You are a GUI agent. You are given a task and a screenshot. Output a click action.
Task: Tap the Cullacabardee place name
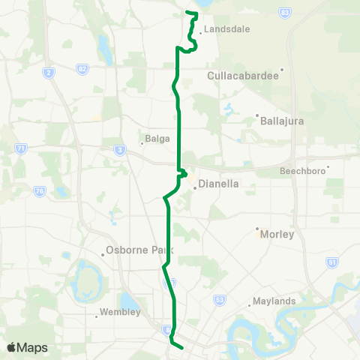pyautogui.click(x=243, y=76)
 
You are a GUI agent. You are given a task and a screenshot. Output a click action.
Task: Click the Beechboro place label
pyautogui.click(x=302, y=171)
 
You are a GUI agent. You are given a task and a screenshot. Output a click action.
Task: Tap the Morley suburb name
pyautogui.click(x=277, y=234)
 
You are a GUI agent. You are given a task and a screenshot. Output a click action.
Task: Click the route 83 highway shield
pyautogui.click(x=284, y=13)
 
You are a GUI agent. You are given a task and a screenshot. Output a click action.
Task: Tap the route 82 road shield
pyautogui.click(x=81, y=69)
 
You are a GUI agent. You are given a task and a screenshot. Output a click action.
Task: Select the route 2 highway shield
pyautogui.click(x=49, y=72)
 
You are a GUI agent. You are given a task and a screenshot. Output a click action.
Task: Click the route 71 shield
pyautogui.click(x=21, y=149)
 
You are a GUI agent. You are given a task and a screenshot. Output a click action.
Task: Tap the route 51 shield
pyautogui.click(x=332, y=262)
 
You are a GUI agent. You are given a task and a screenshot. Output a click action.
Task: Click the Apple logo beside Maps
pyautogui.click(x=11, y=347)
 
